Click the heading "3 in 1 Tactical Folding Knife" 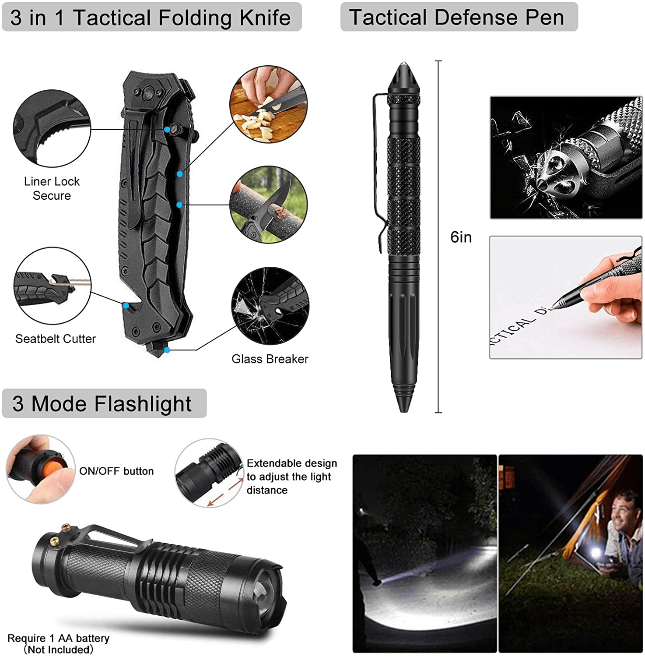(151, 18)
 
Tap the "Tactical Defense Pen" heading (456, 17)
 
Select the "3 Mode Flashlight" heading (102, 403)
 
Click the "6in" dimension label (461, 237)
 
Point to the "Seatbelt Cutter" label (56, 339)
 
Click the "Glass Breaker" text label (270, 359)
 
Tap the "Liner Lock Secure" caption (52, 188)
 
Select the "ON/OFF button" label (116, 471)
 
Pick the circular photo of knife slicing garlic (269, 104)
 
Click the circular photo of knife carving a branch (269, 205)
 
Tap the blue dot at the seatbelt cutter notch (126, 305)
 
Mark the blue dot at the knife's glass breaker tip (167, 350)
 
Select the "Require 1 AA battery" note (59, 638)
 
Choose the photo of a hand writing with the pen (566, 298)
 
